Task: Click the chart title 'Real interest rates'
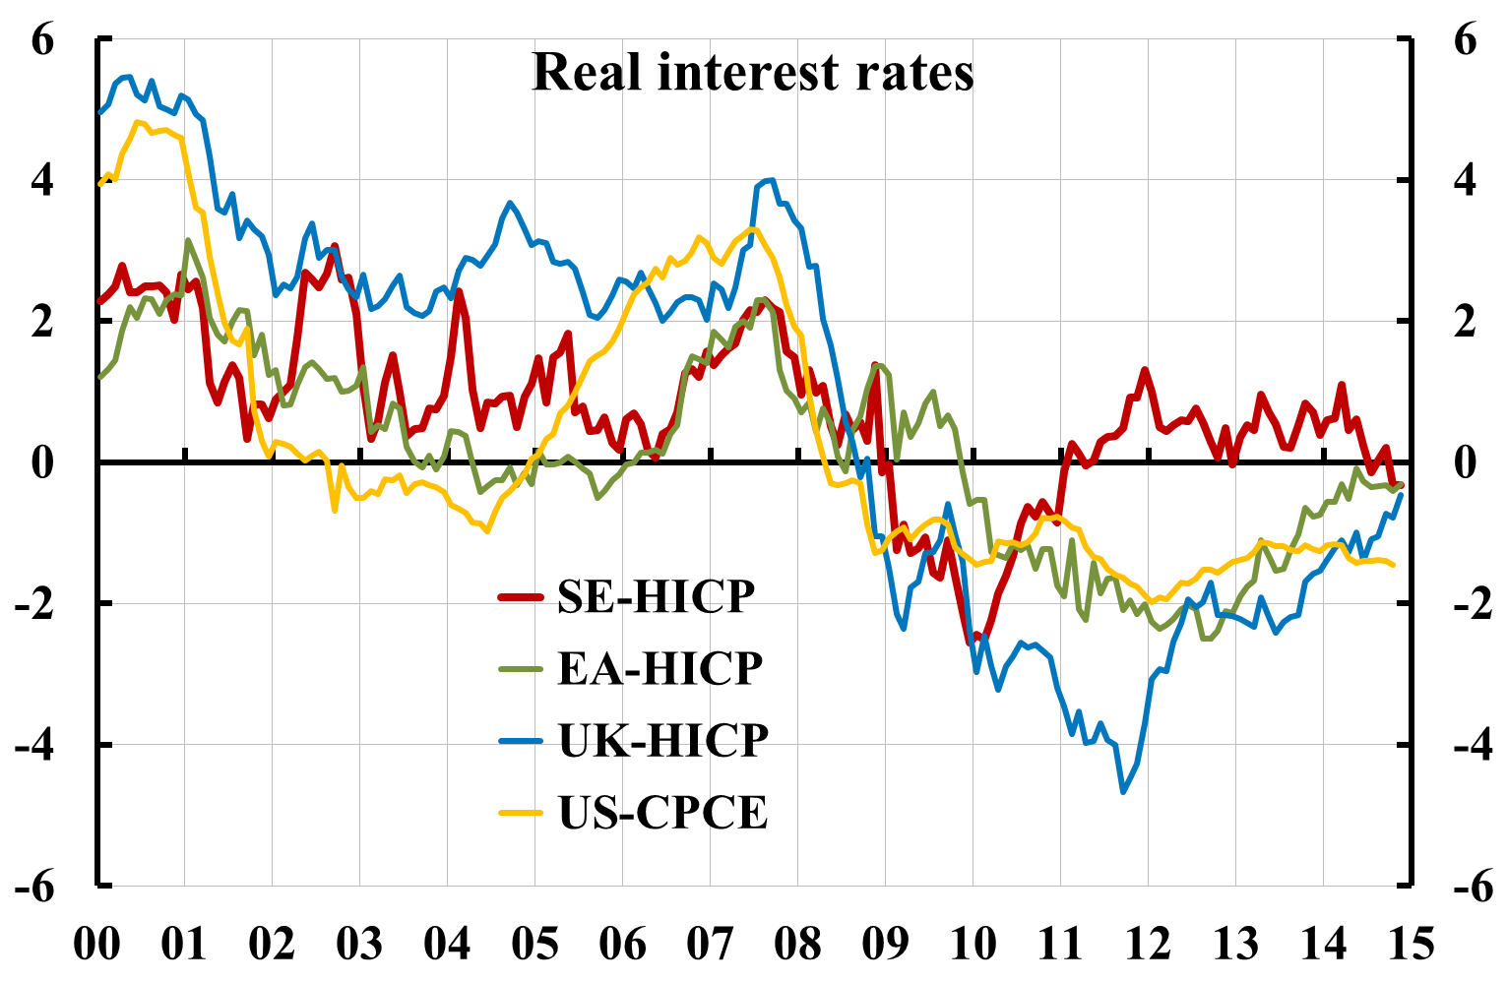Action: [753, 72]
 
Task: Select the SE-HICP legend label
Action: [657, 595]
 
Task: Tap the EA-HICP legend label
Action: [660, 668]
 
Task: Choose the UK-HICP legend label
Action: [663, 740]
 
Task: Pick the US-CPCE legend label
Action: [663, 813]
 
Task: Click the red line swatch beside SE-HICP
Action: [521, 596]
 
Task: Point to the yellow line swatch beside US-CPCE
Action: [521, 813]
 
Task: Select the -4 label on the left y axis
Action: [36, 745]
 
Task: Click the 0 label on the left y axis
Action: [45, 462]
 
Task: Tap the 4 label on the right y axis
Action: [1465, 181]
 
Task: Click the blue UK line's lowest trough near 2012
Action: [1123, 791]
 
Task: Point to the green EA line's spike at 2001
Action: [188, 240]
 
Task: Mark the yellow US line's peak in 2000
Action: [137, 122]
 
